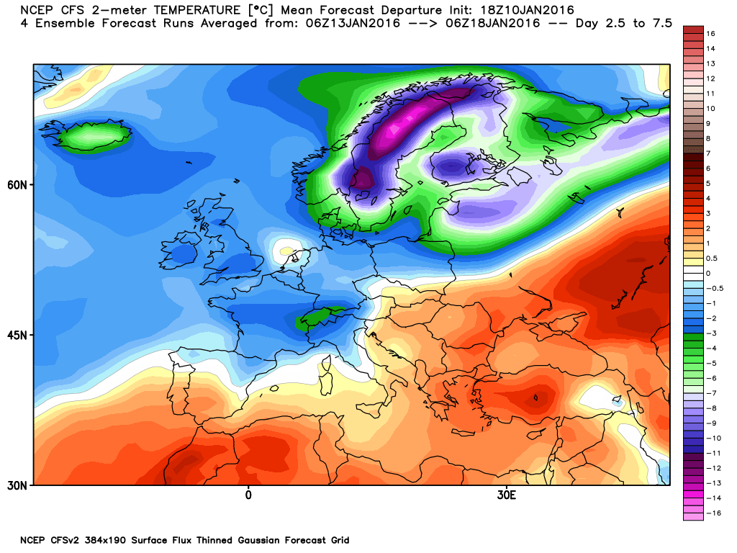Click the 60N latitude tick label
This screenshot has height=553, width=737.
point(17,185)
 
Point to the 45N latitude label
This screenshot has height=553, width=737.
point(17,336)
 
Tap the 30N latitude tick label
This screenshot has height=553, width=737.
point(17,485)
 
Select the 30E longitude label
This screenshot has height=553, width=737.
point(507,495)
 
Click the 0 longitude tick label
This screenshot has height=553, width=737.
point(248,495)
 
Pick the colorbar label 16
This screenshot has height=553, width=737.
point(710,34)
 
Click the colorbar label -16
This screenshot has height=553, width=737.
point(713,513)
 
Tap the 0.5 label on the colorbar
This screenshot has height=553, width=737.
point(712,258)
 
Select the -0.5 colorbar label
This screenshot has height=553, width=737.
point(715,288)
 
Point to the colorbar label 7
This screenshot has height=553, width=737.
point(708,154)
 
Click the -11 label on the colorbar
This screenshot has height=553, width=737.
point(713,454)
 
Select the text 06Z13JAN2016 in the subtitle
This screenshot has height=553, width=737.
point(353,23)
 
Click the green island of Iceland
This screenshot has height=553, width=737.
point(86,136)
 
